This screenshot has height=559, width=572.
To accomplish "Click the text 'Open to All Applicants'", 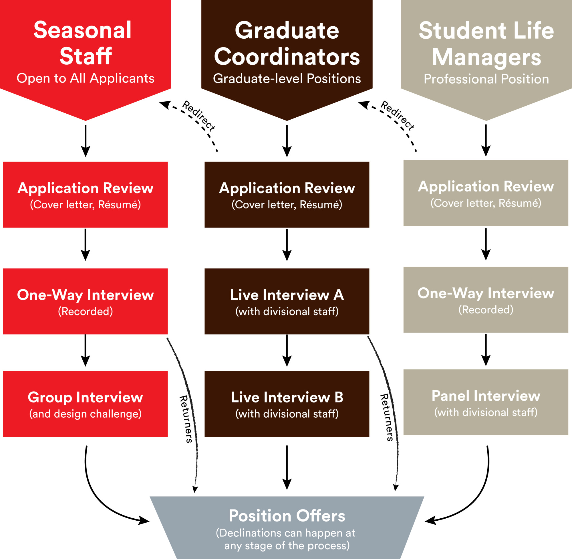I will [x=85, y=78].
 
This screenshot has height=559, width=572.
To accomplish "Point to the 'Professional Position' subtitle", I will [x=486, y=79].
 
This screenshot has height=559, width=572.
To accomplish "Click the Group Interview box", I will [x=85, y=404].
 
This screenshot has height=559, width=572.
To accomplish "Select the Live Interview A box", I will [x=287, y=301].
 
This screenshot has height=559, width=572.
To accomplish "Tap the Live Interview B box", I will [x=287, y=404].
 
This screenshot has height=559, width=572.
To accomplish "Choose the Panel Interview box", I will [x=486, y=402].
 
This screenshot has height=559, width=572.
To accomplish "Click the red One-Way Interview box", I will [x=85, y=301].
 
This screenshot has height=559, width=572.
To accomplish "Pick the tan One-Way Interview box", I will [x=486, y=300].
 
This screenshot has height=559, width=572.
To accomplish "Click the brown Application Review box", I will [x=287, y=195].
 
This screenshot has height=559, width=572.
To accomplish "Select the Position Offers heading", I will [x=287, y=516].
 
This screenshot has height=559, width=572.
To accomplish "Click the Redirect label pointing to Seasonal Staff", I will [x=198, y=115].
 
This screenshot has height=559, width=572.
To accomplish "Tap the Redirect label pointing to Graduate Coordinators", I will [x=398, y=115].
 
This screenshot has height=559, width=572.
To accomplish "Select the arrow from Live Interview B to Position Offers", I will [x=287, y=467].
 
